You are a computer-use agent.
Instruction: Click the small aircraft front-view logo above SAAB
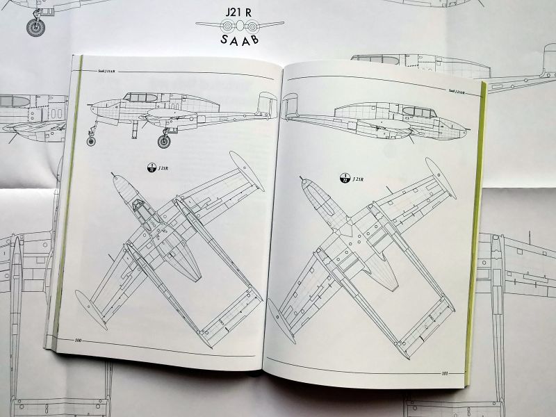coord(239,25)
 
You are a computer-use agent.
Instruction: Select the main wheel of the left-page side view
coord(164,142)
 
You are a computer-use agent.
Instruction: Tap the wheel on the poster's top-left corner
coord(34,26)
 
